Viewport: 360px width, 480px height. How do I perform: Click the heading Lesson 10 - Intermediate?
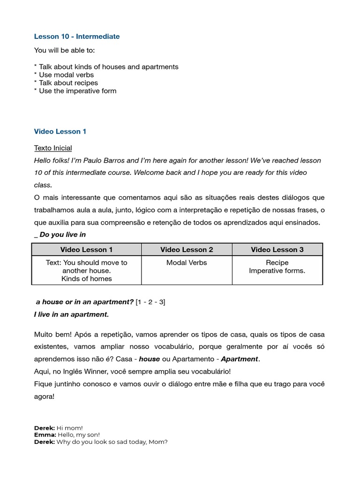click(77, 36)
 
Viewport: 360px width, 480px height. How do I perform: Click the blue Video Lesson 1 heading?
click(60, 132)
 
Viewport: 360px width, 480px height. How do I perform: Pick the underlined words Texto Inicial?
click(53, 148)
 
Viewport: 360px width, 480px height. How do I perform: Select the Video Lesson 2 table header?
click(187, 249)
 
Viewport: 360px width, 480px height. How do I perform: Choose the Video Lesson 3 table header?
click(277, 249)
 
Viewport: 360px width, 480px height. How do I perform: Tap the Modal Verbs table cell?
click(187, 262)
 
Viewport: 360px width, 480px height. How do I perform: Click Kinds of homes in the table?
click(87, 278)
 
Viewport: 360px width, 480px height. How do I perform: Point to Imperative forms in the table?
click(277, 270)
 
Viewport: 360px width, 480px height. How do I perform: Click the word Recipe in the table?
click(277, 262)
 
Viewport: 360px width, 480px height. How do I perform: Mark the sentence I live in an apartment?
click(71, 315)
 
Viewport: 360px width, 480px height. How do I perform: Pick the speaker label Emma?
click(45, 435)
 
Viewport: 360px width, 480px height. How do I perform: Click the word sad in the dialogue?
click(124, 442)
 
